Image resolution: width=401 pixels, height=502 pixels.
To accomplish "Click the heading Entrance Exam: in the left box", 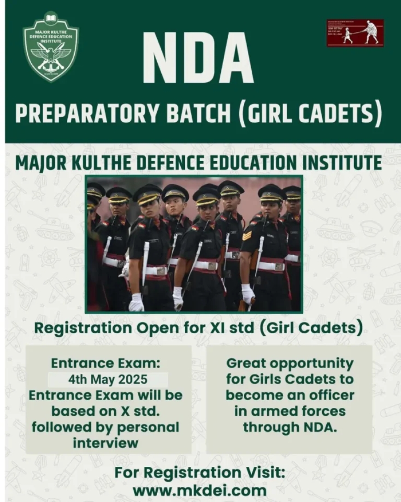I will tap(106, 363).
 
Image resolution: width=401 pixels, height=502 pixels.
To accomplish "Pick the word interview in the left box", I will tap(105, 443).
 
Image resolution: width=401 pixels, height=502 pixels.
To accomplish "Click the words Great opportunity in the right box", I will tap(289, 363).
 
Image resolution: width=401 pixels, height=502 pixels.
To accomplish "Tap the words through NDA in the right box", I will tap(289, 427).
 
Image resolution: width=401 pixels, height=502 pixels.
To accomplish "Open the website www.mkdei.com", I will tap(200, 490).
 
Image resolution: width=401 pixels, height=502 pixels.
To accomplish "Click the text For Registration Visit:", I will tap(200, 473).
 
